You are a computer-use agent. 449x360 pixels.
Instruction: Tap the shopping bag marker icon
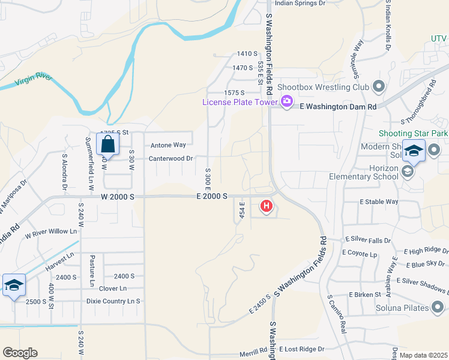click(x=107, y=145)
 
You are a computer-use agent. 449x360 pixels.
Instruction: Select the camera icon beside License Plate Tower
click(x=286, y=101)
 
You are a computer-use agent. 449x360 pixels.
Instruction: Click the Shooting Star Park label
click(x=414, y=133)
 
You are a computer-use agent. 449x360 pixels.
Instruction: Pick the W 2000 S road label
click(x=118, y=196)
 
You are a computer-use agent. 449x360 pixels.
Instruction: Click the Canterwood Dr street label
click(x=171, y=158)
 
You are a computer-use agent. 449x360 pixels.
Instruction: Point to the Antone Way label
click(x=168, y=145)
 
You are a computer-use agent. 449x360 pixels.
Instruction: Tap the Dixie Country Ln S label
click(x=113, y=301)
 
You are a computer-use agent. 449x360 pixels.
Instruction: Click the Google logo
click(x=20, y=353)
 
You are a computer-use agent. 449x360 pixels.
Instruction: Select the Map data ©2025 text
click(x=423, y=355)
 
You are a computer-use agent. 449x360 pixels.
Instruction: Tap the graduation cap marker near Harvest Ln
click(x=13, y=285)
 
